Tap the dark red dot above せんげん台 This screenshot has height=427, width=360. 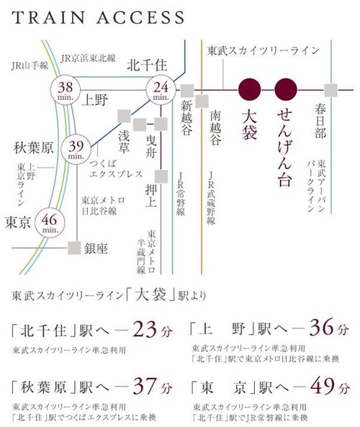[286, 89]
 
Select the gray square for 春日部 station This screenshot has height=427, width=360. [331, 90]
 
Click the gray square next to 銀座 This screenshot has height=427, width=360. [74, 248]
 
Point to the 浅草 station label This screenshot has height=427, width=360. [125, 138]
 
